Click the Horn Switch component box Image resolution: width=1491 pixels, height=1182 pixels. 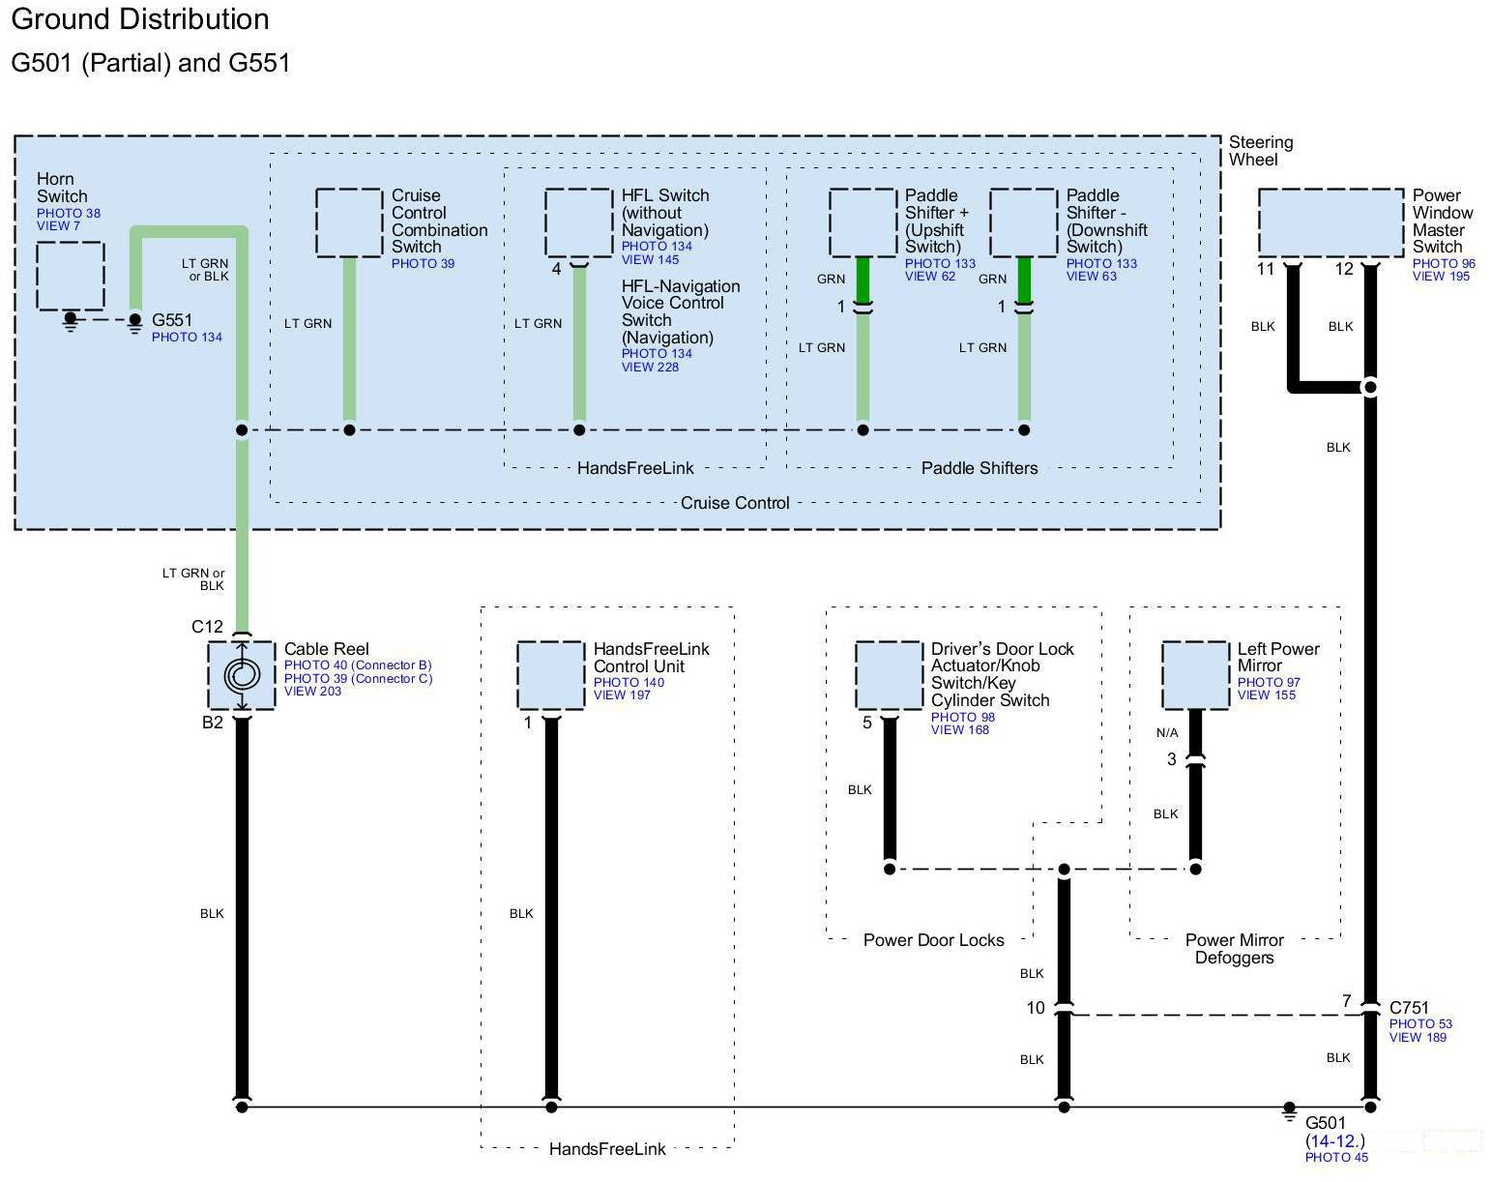pos(71,276)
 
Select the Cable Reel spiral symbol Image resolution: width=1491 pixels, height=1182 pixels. pos(242,674)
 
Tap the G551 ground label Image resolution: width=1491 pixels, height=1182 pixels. pos(172,320)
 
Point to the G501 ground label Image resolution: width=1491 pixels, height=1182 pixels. pos(1326,1123)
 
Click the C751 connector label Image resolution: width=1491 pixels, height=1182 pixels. pos(1409,1008)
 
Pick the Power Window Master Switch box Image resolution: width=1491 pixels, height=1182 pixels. pos(1330,222)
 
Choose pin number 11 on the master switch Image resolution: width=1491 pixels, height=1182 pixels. pos(1266,269)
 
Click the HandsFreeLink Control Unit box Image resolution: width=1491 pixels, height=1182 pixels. pos(550,674)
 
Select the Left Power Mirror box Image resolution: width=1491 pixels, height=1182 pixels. pos(1195,674)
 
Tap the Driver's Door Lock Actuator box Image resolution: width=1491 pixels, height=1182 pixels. pos(889,674)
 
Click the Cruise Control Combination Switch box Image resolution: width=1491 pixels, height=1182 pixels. pos(349,222)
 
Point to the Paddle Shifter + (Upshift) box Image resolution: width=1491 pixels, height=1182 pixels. pos(862,222)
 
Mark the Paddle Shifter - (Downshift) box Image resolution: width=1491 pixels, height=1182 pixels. pos(1024,222)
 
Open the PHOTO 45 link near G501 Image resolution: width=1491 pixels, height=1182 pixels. pos(1336,1157)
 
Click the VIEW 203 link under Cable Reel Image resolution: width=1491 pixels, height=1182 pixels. pos(312,692)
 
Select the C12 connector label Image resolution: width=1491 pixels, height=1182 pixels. pos(207,627)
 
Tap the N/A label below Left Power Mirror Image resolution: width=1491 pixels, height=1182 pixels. pos(1167,732)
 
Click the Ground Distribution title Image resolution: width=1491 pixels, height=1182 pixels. pos(140,19)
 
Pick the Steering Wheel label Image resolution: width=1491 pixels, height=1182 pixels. pos(1260,151)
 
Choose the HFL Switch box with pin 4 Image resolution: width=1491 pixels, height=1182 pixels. pos(578,222)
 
